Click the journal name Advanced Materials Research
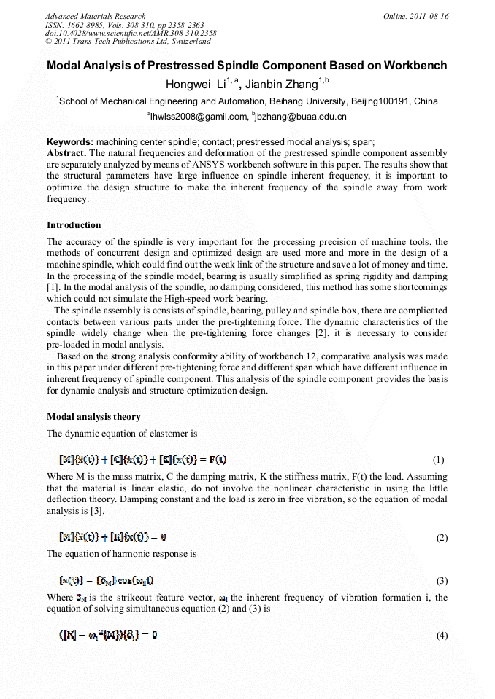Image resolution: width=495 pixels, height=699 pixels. pos(95,16)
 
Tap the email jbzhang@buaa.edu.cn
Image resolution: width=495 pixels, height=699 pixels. pos(302,117)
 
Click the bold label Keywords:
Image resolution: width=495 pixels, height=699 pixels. pos(70,142)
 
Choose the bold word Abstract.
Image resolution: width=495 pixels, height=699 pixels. pos(66,153)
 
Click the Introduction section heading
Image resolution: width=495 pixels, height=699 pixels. pos(74,225)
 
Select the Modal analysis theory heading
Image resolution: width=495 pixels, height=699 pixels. pos(93,417)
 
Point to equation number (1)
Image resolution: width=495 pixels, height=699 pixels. pos(438,460)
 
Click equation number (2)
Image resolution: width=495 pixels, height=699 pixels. pos(441,538)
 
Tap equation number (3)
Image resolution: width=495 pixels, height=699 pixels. pos(441,581)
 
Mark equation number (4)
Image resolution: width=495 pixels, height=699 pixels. pos(441,636)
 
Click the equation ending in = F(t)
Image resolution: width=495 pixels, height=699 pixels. pos(142,459)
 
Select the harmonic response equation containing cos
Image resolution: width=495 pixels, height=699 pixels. pos(107,581)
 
